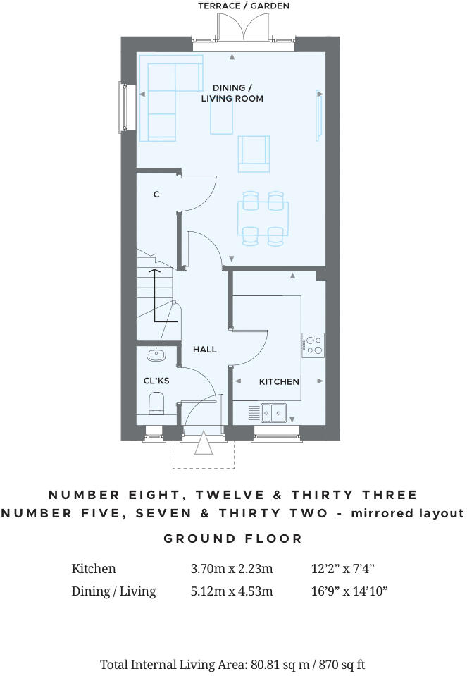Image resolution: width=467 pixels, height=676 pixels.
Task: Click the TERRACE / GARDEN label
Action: point(243,6)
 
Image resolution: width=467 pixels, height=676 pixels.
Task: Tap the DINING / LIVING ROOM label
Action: point(232,93)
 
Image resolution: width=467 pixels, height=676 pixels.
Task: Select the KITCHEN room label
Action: point(279,381)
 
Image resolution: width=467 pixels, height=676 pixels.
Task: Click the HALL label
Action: point(205,349)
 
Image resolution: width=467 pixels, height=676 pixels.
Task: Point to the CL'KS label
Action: point(156,381)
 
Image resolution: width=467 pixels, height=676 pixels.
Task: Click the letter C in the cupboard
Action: point(156,194)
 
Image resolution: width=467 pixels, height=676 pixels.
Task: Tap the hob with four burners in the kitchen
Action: point(313,343)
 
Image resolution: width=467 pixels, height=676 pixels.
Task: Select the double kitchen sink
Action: point(273,412)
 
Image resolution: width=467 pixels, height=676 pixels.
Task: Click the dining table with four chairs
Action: point(263,218)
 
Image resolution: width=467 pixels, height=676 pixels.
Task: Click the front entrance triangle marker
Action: point(204,447)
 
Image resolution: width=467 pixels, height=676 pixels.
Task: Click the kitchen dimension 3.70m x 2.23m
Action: point(231,569)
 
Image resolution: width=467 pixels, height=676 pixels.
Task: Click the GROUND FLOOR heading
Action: point(233,539)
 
